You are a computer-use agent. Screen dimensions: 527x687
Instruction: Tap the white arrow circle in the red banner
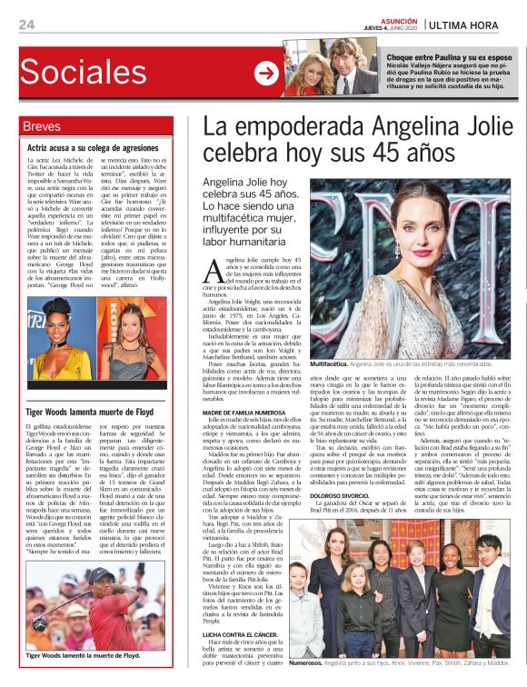click(266, 74)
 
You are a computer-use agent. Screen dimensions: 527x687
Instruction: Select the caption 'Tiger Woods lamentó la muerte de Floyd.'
click(83, 655)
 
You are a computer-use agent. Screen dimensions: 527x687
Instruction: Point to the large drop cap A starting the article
click(212, 268)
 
